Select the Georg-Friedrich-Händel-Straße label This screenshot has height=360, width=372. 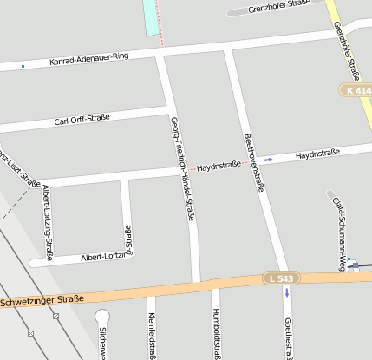(x=182, y=168)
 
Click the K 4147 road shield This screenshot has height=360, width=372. (x=356, y=90)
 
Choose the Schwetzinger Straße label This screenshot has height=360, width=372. (x=42, y=300)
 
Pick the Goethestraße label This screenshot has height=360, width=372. (x=288, y=337)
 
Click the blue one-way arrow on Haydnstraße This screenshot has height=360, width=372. (x=269, y=160)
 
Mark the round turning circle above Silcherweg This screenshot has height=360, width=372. (x=102, y=317)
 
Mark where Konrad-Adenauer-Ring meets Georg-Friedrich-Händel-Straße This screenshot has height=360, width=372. (x=161, y=54)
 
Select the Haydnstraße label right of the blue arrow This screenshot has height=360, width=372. (x=317, y=154)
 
